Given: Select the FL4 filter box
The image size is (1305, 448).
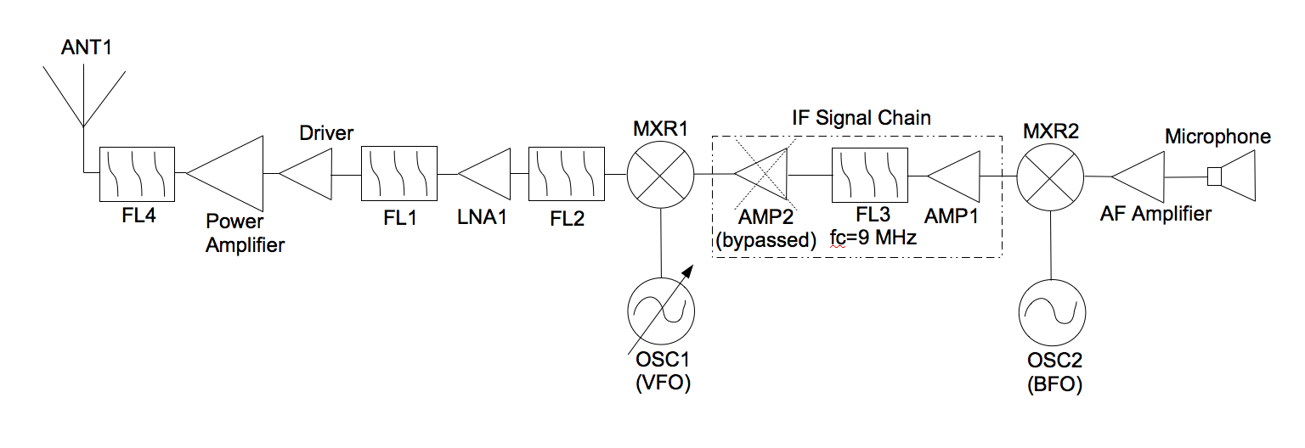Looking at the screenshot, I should [137, 173].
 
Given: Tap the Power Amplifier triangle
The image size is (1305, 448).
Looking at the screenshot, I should [225, 173].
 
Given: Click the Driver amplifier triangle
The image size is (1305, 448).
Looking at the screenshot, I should [306, 174].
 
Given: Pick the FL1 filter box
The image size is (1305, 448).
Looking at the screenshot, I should [398, 174].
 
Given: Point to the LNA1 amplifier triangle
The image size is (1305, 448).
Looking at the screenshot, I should [485, 174].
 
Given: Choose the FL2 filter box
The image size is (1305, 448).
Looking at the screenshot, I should [566, 174].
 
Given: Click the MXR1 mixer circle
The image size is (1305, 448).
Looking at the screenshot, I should [661, 175].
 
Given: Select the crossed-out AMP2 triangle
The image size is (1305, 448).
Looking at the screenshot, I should [762, 175].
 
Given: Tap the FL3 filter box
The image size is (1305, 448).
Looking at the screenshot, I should [870, 175].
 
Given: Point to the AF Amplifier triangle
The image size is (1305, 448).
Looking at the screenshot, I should [1138, 176].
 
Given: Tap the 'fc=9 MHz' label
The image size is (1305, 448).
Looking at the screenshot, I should [873, 239].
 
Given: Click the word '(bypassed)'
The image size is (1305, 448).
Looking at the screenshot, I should [765, 240].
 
